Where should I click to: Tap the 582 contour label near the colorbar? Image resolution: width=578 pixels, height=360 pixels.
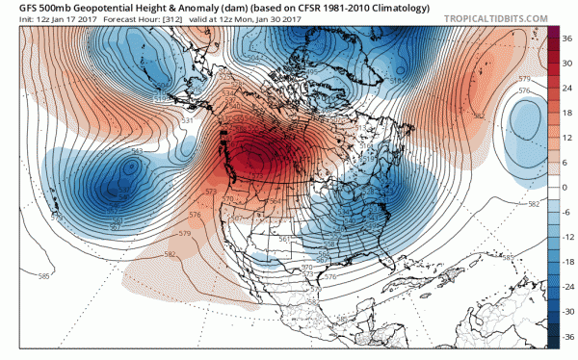point(534,204)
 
